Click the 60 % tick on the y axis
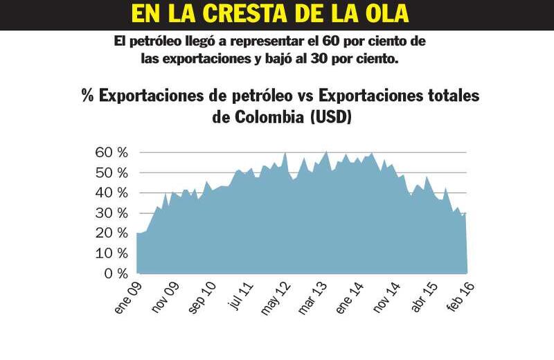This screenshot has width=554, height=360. point(111,152)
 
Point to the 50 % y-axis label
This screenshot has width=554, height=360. point(111,172)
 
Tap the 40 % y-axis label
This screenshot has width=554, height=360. point(111,192)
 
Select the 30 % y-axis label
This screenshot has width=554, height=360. point(111,213)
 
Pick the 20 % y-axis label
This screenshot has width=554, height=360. point(111,233)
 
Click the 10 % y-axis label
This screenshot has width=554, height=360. point(111,253)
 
